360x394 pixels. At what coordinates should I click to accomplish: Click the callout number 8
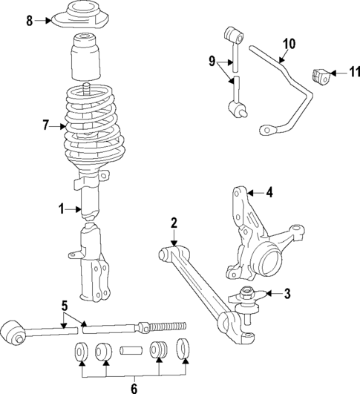tap(30, 21)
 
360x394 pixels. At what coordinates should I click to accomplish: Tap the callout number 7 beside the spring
tap(46, 126)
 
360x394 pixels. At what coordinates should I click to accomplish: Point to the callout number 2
tap(174, 222)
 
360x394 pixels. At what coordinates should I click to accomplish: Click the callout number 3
tap(286, 295)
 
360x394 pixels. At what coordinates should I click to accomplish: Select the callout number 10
tap(288, 44)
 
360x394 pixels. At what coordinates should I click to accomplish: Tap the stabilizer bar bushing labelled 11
tap(320, 75)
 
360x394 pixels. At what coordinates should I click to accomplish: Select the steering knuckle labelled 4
tap(256, 237)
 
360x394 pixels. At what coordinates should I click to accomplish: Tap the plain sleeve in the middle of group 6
tap(133, 349)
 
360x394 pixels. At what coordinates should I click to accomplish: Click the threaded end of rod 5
tap(172, 325)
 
